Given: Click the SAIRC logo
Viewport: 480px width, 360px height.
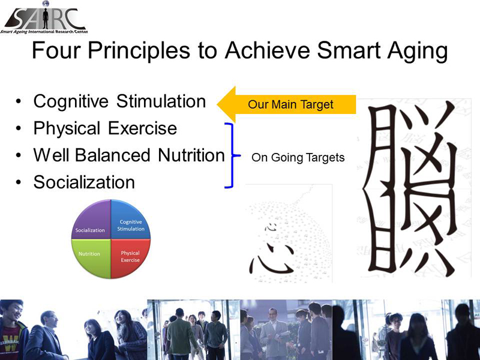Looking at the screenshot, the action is [44, 18].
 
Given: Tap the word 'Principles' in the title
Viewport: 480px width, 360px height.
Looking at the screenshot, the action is [139, 51].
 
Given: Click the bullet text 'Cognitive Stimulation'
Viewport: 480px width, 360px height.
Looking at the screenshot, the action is [119, 101].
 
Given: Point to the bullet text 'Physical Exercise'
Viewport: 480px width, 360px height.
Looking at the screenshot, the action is [105, 128].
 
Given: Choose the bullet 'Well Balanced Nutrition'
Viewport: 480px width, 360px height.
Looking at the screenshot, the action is [129, 155].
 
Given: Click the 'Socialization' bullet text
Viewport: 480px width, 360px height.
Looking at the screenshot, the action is [84, 182].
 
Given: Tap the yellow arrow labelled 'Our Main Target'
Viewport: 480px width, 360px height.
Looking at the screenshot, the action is [286, 104].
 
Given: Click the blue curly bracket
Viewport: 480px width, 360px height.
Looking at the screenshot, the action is [233, 155].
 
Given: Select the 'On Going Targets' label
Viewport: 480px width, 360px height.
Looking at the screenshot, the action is [298, 158].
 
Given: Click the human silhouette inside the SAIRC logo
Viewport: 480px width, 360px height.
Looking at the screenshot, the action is [46, 19].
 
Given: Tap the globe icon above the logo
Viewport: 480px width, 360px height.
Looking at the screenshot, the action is [46, 4].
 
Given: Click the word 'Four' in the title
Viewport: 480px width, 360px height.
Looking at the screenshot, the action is [57, 50].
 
